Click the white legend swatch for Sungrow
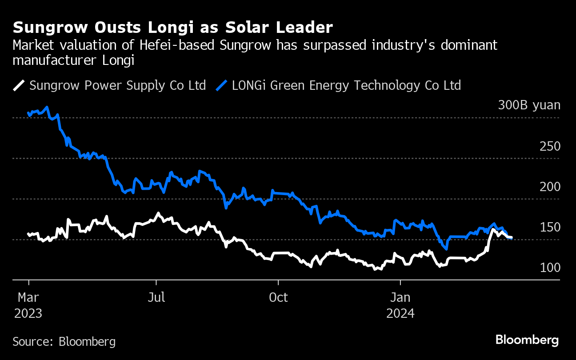tap(20, 85)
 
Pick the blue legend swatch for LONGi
tap(222, 85)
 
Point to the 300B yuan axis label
tap(529, 105)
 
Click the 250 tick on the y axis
tap(550, 146)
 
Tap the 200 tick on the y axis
tap(550, 187)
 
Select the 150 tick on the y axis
tap(550, 227)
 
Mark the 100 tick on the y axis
tap(550, 268)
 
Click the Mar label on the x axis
tap(28, 297)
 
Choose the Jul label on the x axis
tap(156, 297)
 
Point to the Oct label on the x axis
tap(278, 297)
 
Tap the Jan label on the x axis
tap(400, 297)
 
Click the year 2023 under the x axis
tap(28, 313)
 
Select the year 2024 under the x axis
tap(400, 313)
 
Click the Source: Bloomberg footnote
tap(64, 341)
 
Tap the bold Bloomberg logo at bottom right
tap(527, 340)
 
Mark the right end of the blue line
tap(512, 238)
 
